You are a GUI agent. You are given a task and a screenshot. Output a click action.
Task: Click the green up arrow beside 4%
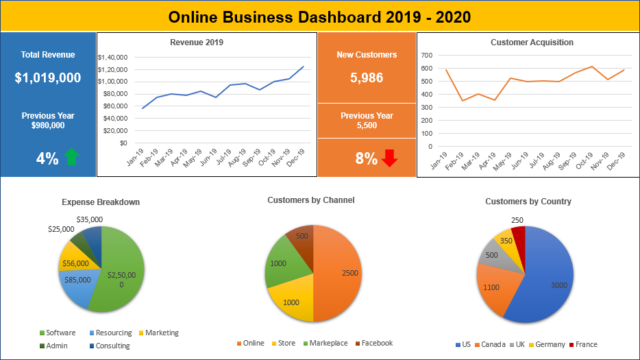click(71, 158)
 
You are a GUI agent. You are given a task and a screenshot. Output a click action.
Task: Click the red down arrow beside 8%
click(390, 158)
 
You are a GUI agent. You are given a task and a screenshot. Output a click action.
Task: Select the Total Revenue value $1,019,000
click(48, 78)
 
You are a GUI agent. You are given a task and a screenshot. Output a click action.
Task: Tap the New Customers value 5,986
click(367, 78)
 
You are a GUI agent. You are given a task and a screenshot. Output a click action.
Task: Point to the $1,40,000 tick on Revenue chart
click(113, 58)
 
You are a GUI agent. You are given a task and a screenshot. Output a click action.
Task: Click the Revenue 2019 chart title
click(197, 43)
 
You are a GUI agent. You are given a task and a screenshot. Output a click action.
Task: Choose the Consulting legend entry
click(112, 346)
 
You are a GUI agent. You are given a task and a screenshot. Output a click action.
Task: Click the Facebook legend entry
click(377, 343)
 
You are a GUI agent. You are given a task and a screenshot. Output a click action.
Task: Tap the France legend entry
click(586, 344)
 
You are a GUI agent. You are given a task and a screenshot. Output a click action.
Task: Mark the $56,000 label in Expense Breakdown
click(75, 263)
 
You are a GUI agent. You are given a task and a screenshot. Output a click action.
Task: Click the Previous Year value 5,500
click(367, 126)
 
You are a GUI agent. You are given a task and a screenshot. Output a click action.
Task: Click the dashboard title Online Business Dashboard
click(320, 16)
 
